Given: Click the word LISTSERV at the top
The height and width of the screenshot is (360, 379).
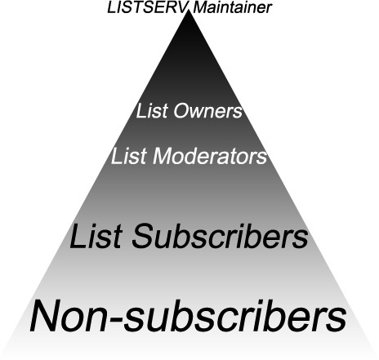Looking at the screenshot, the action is click(149, 7).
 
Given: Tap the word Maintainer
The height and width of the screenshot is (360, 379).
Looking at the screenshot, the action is click(232, 7).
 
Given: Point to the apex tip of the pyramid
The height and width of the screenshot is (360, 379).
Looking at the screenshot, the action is click(189, 11).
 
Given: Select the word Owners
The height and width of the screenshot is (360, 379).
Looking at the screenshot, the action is click(207, 111).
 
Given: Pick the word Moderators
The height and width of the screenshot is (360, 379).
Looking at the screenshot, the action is click(210, 157).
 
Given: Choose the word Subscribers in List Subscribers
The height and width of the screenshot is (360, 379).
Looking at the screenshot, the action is click(220, 236).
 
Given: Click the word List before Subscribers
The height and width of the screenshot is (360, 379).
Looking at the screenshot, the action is click(96, 236).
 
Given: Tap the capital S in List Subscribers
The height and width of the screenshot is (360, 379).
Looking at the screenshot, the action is click(144, 236).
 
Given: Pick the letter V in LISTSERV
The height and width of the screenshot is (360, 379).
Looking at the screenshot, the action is click(185, 7).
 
